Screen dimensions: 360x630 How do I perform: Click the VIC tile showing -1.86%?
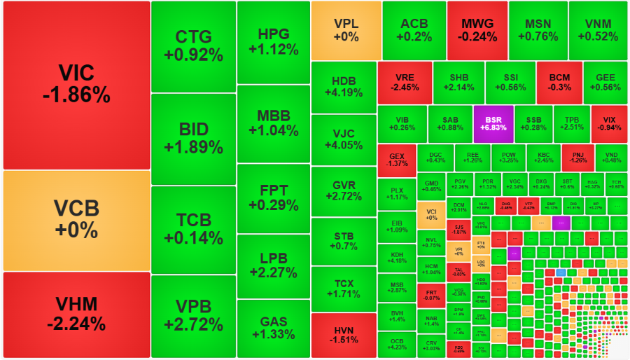pos(76,85)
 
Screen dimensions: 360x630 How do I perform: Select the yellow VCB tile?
pos(76,220)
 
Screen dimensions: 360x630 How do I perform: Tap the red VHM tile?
pos(76,314)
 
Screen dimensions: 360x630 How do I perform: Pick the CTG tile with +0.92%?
pos(193,46)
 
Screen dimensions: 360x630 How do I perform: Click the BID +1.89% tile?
pos(193,139)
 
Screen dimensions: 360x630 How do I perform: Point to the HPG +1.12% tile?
pos(273,42)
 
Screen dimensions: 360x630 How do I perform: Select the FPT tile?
pos(273,198)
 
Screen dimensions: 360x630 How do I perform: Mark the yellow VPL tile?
pos(346,30)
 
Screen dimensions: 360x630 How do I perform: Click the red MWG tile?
pos(477,30)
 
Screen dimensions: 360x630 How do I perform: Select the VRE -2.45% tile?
pos(404,83)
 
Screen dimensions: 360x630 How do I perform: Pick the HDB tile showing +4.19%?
pos(343,87)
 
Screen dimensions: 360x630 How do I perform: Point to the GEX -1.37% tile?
pos(396,160)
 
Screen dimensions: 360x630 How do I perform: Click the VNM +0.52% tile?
pos(598,30)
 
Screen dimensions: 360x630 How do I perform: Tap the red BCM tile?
pos(559,83)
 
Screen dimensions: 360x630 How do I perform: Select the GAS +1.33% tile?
pos(273,328)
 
